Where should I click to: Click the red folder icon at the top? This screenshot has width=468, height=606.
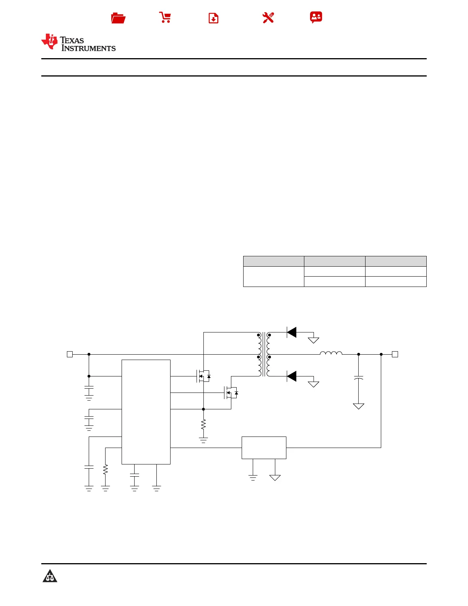coord(118,18)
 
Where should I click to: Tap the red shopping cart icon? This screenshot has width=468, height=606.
coord(165,18)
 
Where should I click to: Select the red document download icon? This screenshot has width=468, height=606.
coord(213,18)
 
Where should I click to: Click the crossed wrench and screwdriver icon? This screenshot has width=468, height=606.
coord(268,18)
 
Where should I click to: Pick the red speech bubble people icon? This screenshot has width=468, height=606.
coord(316,17)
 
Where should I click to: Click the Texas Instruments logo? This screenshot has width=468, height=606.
coord(78,42)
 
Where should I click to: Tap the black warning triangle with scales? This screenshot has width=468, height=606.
coord(50,576)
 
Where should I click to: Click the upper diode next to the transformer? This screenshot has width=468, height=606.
coord(292,332)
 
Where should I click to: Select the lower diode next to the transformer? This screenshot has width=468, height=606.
coord(292,376)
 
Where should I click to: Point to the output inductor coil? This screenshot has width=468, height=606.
coord(331,353)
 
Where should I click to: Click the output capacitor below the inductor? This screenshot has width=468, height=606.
coord(358,378)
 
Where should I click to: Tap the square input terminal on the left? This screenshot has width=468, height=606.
coord(70,354)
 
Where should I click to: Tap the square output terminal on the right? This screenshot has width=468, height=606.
coord(395,354)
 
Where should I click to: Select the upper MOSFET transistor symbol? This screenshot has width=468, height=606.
coord(203,376)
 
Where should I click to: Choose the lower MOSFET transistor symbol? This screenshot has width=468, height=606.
coord(231,393)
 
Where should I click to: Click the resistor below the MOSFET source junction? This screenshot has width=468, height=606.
coord(203,424)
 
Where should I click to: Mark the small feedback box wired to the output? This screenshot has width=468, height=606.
coord(264,448)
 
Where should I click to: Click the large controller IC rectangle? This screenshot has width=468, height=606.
coord(146,412)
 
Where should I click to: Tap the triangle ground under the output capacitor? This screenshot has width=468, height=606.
coord(358,406)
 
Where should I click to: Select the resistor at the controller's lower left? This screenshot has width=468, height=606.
coord(106,469)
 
